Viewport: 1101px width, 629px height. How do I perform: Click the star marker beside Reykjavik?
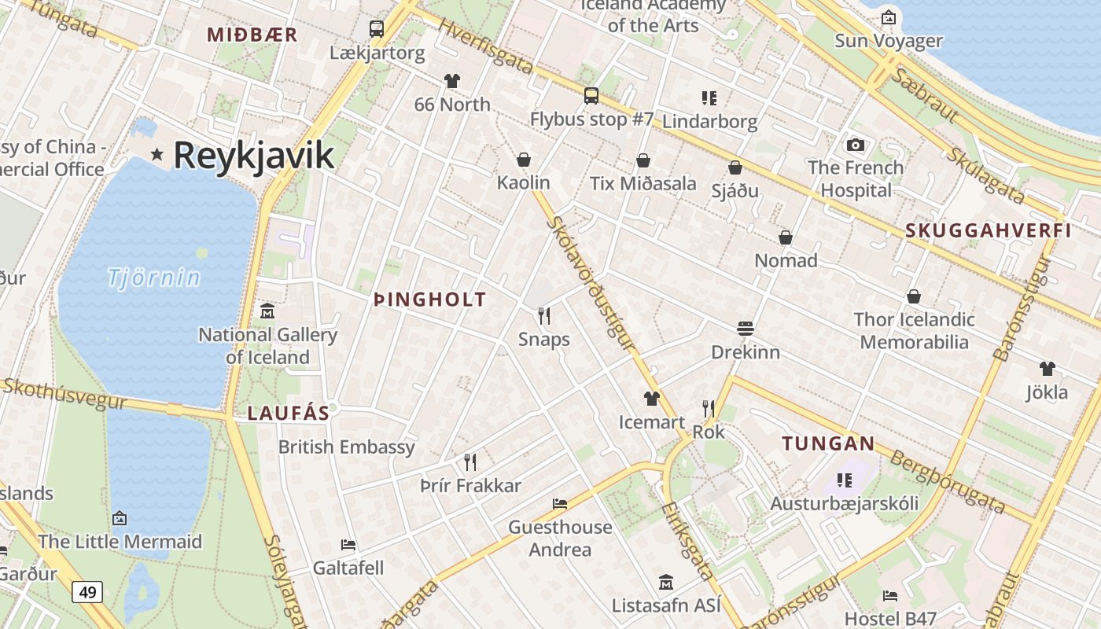click(x=157, y=155)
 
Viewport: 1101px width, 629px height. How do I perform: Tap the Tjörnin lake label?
click(x=154, y=278)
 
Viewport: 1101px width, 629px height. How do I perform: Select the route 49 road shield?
click(x=87, y=591)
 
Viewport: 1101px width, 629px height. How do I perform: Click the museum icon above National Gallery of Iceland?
click(x=267, y=311)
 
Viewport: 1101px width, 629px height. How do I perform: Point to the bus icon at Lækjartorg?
click(x=377, y=29)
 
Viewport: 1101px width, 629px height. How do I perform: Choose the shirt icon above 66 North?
click(x=451, y=80)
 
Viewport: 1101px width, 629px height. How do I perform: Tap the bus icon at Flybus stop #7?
click(x=591, y=96)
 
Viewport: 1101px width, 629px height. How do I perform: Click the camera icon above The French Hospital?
click(x=856, y=145)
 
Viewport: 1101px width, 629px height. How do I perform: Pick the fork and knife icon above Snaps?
click(x=543, y=316)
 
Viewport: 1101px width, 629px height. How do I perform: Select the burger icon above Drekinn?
click(x=746, y=328)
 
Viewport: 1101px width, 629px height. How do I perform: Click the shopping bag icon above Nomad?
click(x=786, y=237)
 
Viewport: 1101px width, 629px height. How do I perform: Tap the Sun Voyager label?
click(x=889, y=41)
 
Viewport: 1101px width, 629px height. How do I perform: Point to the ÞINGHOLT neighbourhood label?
click(x=430, y=300)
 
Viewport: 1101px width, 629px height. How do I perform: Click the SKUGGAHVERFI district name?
click(x=989, y=231)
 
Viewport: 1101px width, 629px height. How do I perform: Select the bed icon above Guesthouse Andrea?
click(x=560, y=503)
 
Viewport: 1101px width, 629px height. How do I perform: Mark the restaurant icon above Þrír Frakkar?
click(x=470, y=462)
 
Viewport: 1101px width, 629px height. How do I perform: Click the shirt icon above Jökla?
click(x=1047, y=369)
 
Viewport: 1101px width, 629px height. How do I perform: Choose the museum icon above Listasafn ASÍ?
click(x=666, y=583)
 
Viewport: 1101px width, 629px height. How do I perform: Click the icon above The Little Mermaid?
click(x=120, y=518)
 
